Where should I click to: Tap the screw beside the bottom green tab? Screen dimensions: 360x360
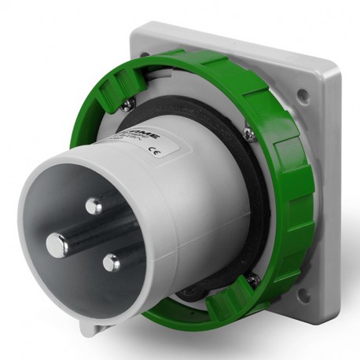[x=252, y=277]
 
